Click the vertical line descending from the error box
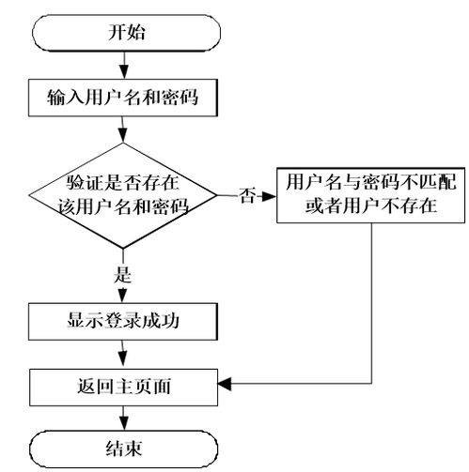[x=373, y=300]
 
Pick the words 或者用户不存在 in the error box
[x=371, y=206]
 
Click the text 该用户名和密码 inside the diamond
[x=125, y=208]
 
